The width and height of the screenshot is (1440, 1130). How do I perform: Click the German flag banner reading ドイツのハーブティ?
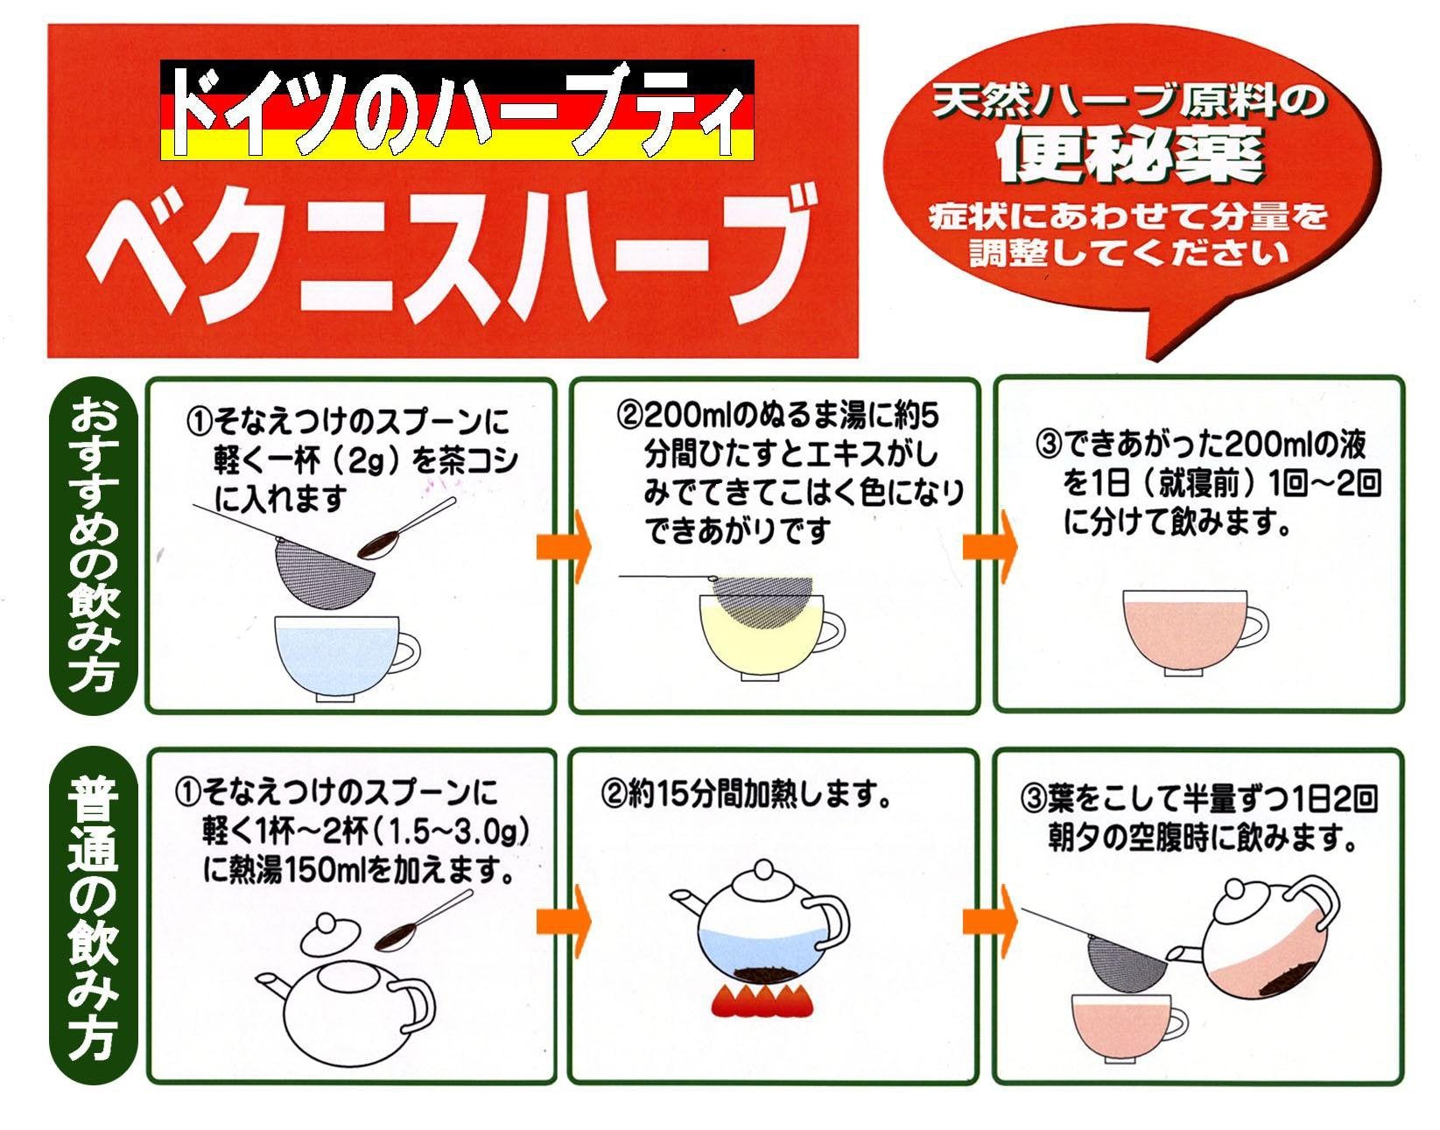(456, 109)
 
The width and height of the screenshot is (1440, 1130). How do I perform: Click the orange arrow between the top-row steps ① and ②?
(563, 547)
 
